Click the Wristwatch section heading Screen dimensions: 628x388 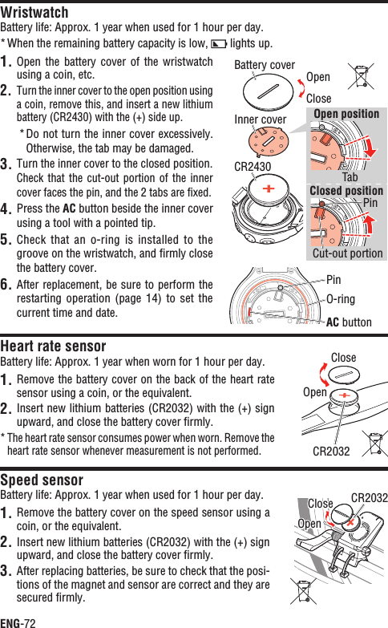[34, 12]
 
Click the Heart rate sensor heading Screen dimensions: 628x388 [53, 346]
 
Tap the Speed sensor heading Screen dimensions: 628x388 [42, 480]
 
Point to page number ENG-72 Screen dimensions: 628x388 [18, 622]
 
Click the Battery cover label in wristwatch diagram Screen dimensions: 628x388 [265, 65]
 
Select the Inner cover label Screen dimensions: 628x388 [260, 120]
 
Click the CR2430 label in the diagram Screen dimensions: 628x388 [253, 168]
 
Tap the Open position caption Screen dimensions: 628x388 [346, 114]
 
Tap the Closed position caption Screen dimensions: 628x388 [346, 191]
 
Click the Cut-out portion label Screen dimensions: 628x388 [347, 253]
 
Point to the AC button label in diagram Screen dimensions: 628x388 [349, 322]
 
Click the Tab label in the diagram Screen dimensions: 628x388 [350, 176]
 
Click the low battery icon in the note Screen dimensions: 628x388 [218, 43]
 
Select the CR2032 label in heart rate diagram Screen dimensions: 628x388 [332, 451]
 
